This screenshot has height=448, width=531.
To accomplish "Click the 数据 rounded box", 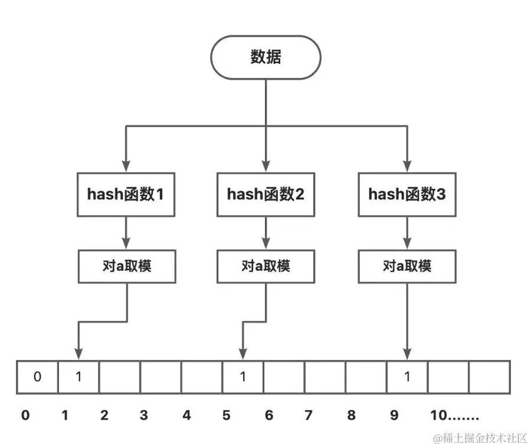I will [x=265, y=57].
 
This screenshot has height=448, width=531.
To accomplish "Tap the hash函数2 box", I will [x=265, y=194].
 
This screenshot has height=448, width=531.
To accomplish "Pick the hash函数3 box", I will [x=407, y=194].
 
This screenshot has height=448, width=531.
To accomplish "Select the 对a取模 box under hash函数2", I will [x=265, y=266].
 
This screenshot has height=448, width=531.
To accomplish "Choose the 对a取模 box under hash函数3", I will [x=407, y=266].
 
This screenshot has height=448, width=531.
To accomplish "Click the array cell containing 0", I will [x=37, y=376].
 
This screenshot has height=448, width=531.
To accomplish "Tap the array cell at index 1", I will [x=78, y=376].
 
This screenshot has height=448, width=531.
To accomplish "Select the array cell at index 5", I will [x=242, y=376].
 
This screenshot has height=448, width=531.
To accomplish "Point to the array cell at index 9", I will [x=407, y=376].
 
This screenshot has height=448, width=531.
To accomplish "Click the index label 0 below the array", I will [x=25, y=416].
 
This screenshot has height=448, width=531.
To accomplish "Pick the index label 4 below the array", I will [x=186, y=416].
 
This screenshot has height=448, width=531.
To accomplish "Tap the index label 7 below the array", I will [x=308, y=416].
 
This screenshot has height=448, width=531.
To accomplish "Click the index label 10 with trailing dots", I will [x=454, y=416].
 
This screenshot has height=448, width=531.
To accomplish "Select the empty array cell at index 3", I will [x=160, y=376].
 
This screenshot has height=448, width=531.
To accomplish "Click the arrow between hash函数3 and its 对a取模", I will [x=407, y=231].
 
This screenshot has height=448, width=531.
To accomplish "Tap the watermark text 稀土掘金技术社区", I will [x=484, y=438].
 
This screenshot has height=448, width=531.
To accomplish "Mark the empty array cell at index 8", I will [x=366, y=376].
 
